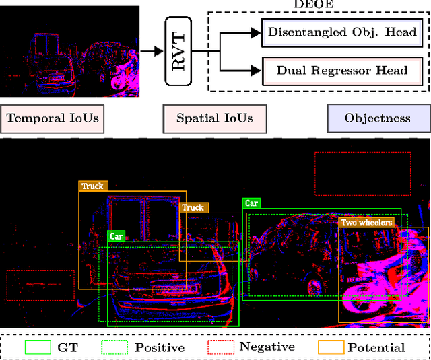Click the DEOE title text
coord(312,5)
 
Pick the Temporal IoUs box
coord(53,118)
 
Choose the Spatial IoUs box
coord(215,118)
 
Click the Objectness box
coord(377,118)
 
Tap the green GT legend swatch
coord(38,347)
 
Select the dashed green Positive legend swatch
coord(115,347)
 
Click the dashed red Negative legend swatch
coord(221,347)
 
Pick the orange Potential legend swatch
coord(330,347)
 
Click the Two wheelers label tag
coord(366,223)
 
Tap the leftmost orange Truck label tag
coord(92,186)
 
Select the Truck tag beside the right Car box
coord(193,207)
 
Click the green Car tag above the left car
coord(117,236)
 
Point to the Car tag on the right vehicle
coord(251,203)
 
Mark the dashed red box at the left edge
coord(40,285)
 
